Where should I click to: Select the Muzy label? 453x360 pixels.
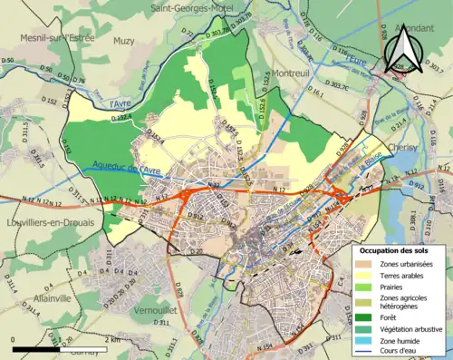pyautogui.click(x=123, y=41)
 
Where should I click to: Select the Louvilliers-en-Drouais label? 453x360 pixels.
pyautogui.click(x=47, y=222)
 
